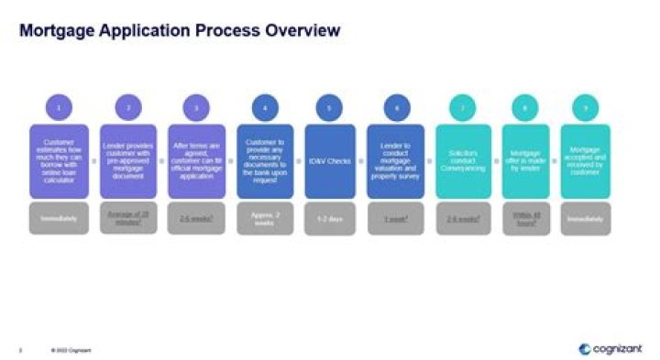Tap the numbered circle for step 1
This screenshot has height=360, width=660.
[60, 108]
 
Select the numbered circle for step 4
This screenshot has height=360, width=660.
[265, 108]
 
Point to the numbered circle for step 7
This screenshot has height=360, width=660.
[463, 108]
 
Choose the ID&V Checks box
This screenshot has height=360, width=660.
[329, 161]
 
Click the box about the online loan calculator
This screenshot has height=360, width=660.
[60, 161]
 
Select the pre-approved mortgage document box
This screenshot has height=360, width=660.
[129, 161]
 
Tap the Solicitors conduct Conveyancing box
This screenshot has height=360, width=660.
[463, 161]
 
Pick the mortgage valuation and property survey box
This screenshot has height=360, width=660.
[396, 161]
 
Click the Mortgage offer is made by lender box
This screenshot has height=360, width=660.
[525, 161]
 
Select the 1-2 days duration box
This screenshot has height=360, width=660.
[329, 220]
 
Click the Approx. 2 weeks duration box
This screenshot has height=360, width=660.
[265, 220]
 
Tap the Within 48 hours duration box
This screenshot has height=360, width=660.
[525, 220]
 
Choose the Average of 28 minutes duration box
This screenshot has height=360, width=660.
[129, 220]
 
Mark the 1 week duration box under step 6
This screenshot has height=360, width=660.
[396, 220]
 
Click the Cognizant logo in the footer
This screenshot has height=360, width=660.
[610, 349]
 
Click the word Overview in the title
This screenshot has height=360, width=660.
[302, 31]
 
